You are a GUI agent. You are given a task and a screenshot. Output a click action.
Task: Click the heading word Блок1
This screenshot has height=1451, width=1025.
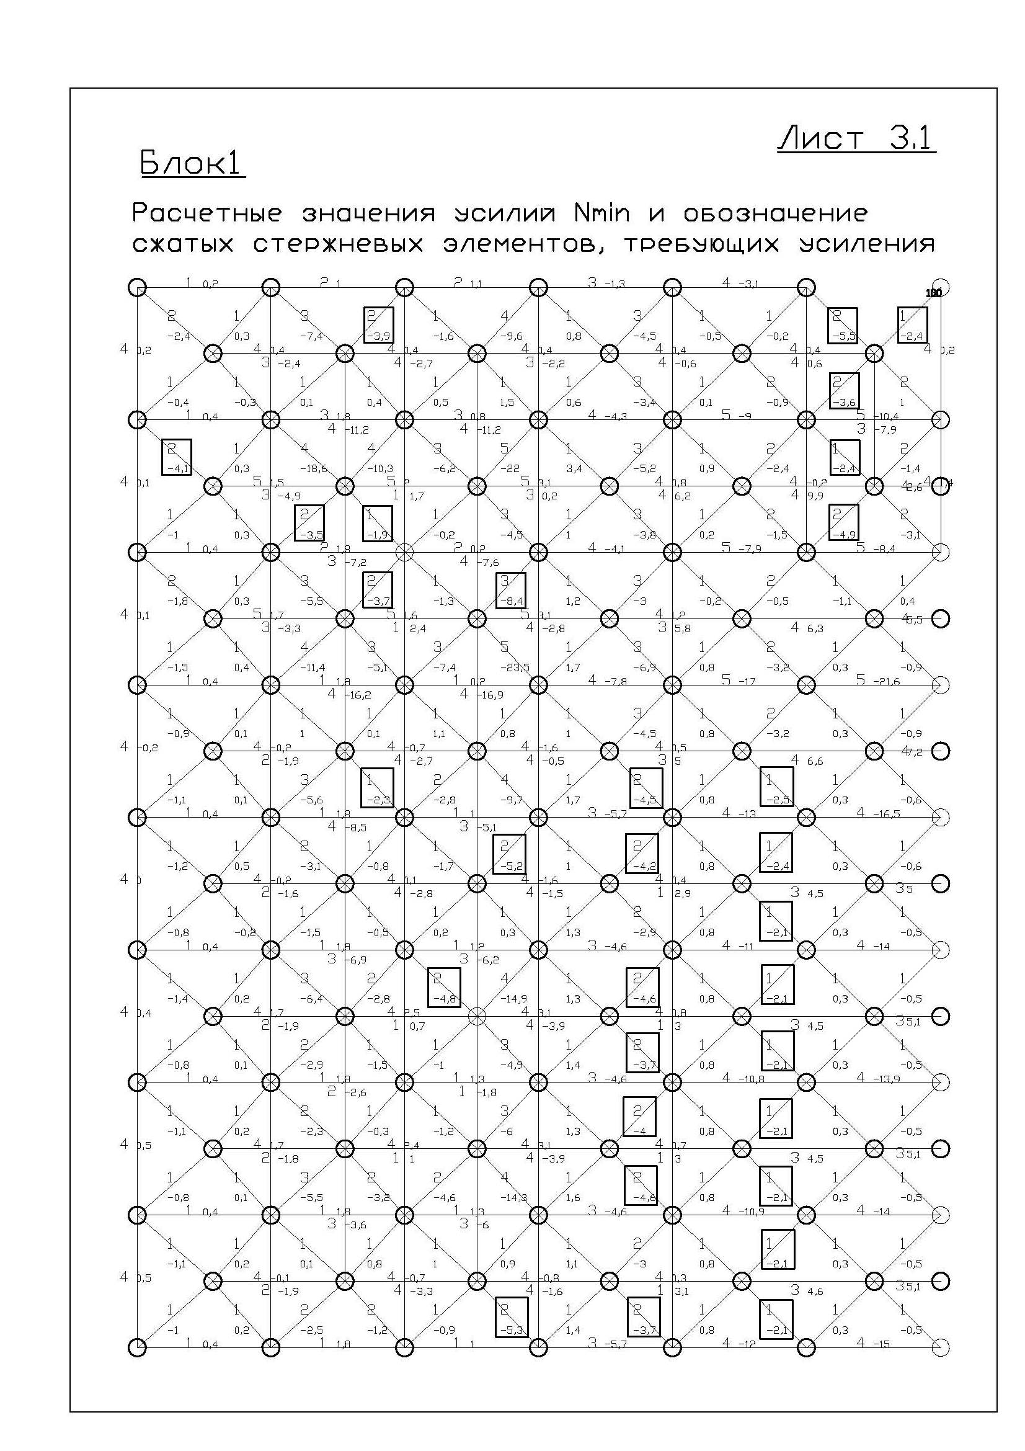[192, 163]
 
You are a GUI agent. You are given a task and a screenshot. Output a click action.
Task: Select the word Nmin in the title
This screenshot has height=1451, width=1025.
[601, 213]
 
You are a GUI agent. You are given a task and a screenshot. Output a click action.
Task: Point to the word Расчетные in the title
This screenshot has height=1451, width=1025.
[206, 213]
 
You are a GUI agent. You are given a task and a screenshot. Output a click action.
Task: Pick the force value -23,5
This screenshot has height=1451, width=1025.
[515, 668]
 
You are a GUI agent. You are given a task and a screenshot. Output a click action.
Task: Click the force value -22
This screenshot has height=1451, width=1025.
[510, 469]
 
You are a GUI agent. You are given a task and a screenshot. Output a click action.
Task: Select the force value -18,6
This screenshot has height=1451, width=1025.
[314, 469]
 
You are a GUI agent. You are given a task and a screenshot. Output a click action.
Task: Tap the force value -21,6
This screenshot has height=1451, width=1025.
[887, 681]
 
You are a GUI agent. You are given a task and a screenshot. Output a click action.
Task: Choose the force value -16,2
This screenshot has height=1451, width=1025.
[357, 695]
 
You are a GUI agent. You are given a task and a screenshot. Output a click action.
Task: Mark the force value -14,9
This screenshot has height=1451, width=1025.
[513, 999]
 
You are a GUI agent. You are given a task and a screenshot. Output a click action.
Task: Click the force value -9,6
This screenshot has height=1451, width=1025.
[510, 337]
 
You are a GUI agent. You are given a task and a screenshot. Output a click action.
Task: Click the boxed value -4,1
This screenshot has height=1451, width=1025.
[176, 469]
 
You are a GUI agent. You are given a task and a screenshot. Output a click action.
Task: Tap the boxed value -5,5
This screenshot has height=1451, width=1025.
[843, 337]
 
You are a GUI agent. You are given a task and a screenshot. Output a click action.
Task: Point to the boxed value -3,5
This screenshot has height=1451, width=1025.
[310, 535]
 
